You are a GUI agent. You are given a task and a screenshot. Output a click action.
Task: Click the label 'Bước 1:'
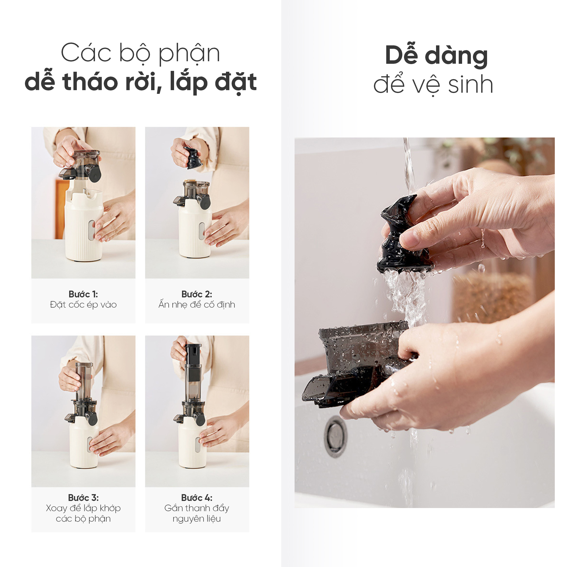[83, 294]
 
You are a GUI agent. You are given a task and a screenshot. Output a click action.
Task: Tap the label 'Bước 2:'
[197, 294]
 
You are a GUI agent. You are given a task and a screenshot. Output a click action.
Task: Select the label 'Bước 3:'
[83, 498]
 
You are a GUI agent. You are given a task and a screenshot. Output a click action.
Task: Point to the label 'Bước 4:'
[197, 498]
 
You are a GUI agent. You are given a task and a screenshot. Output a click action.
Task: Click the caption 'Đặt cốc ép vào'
[83, 305]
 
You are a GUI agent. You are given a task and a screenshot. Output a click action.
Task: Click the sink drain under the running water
[335, 436]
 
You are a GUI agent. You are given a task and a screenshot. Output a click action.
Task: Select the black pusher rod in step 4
[193, 363]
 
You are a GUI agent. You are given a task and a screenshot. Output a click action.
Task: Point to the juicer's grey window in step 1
[92, 230]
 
